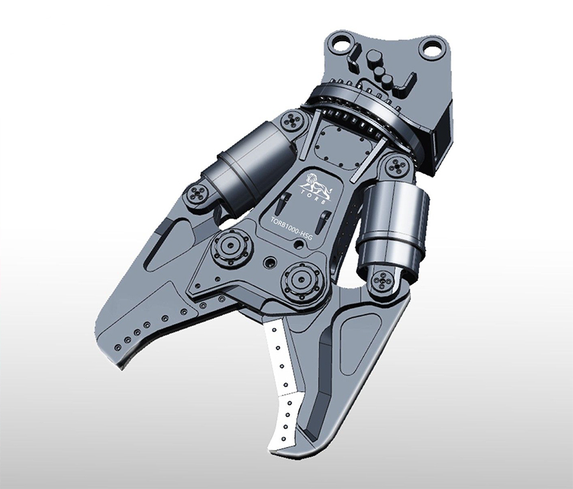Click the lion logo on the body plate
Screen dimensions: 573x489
[x=317, y=184]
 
